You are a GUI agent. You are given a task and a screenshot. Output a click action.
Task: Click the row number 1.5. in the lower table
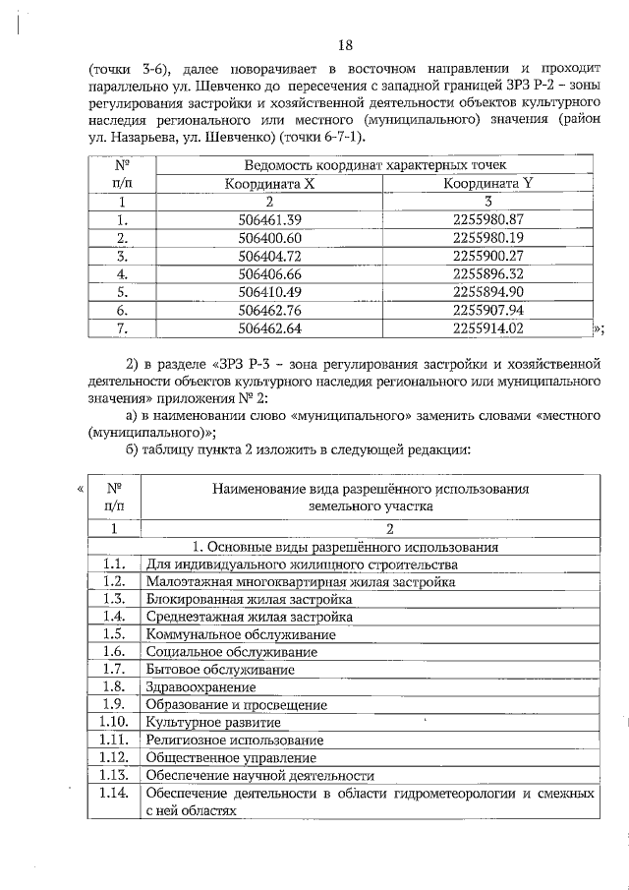[x=114, y=634]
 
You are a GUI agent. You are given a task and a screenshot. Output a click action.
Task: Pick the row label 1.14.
[x=114, y=793]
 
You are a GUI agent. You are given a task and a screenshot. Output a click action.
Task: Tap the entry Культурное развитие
[x=206, y=722]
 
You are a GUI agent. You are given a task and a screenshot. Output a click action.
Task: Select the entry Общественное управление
[x=231, y=758]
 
